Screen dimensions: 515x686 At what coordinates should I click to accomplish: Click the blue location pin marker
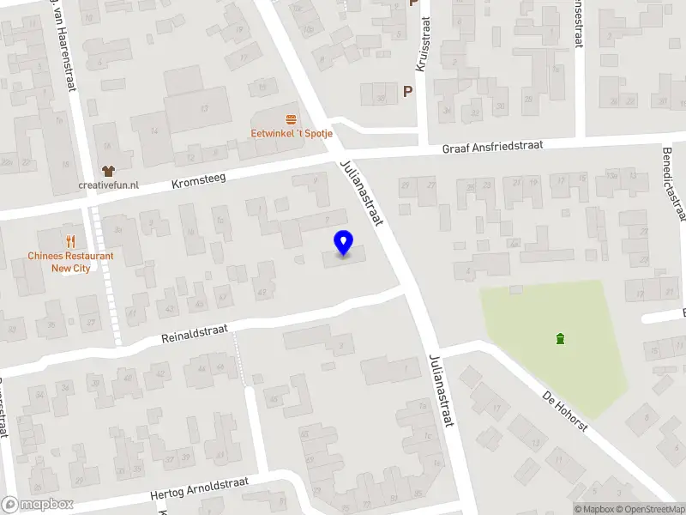[x=344, y=243]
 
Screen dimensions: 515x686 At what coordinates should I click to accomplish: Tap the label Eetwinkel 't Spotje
[x=292, y=133]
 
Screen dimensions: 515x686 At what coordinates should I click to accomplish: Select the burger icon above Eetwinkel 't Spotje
[x=292, y=118]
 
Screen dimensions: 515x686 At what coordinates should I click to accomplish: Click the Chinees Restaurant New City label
[x=70, y=262]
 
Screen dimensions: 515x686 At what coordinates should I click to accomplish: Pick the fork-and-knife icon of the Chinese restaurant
[x=70, y=242]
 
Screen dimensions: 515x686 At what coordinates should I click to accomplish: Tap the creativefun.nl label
[x=108, y=185]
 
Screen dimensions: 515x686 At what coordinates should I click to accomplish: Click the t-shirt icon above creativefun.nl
[x=108, y=171]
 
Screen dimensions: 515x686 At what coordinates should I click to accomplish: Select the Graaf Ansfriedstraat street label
[x=493, y=148]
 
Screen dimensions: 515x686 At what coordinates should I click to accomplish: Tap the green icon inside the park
[x=561, y=338]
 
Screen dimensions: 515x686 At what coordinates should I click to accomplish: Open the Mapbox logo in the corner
[x=38, y=505]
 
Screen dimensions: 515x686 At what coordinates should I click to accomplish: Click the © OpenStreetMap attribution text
[x=649, y=509]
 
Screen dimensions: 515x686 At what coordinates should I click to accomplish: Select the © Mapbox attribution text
[x=593, y=509]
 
